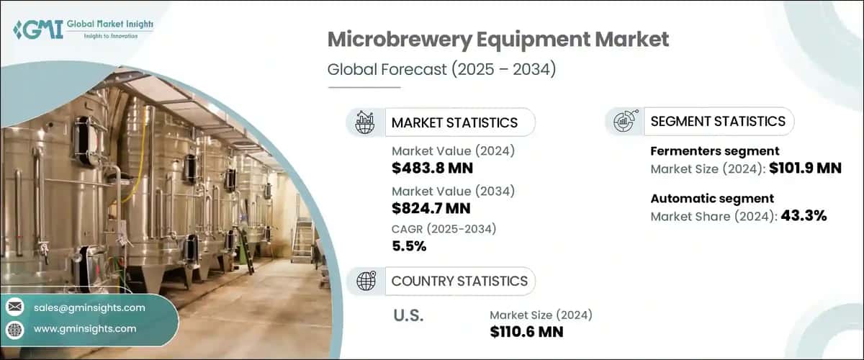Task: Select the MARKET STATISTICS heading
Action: tap(454, 122)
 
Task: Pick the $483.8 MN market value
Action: tap(432, 169)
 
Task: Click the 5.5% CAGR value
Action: tap(409, 247)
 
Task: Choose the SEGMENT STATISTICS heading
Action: tap(717, 121)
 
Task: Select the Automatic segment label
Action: tap(702, 198)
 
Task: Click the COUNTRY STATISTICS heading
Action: tap(459, 281)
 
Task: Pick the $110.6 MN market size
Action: tap(526, 332)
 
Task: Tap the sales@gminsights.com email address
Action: tap(89, 307)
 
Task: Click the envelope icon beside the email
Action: tap(14, 307)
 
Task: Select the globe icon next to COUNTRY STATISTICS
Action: tap(366, 281)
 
